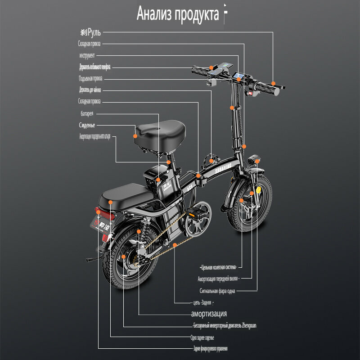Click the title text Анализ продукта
point(178,14)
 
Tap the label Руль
point(90,32)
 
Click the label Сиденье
point(87,125)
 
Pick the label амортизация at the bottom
point(209,314)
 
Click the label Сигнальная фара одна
point(217,291)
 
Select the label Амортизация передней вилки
point(217,279)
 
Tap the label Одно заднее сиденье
point(202,337)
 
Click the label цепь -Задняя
point(199,302)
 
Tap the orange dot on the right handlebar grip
point(273,84)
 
